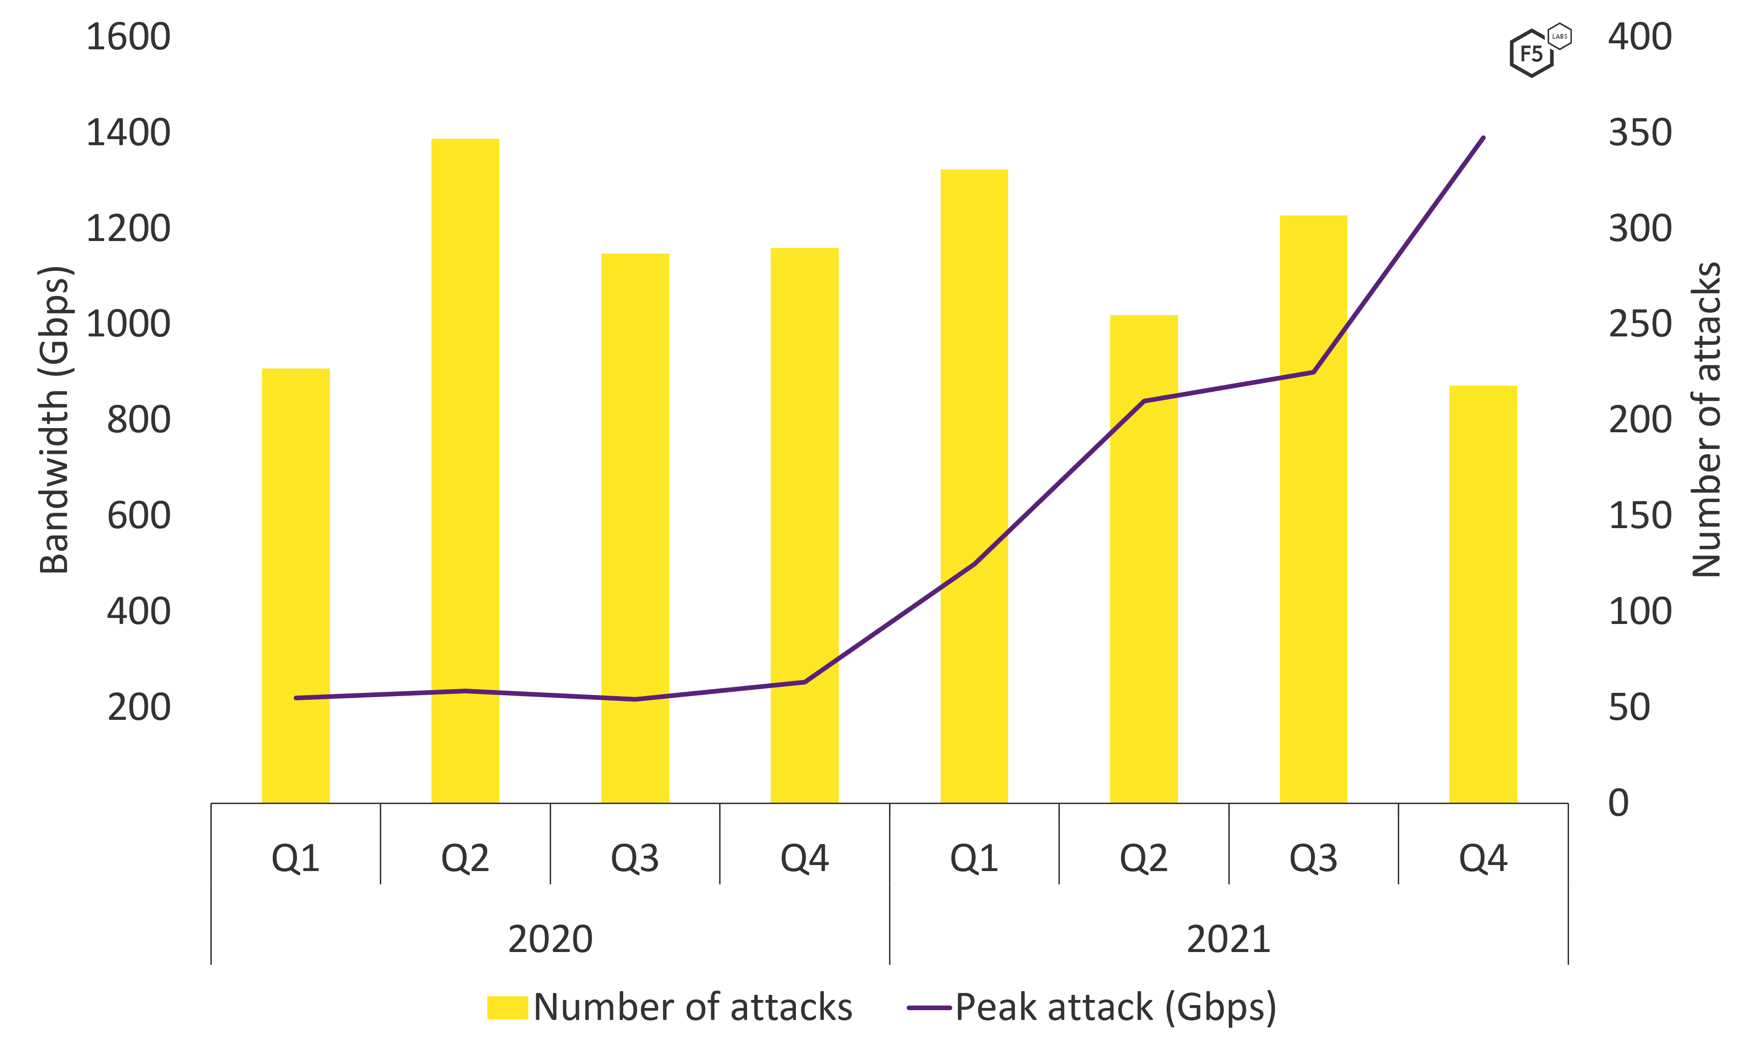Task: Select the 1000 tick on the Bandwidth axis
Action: [128, 324]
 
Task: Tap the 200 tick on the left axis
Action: [139, 707]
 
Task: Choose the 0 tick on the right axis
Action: [1619, 803]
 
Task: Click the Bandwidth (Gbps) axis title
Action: [54, 420]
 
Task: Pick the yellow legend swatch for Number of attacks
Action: [507, 1007]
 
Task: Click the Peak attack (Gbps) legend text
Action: [1116, 1007]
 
